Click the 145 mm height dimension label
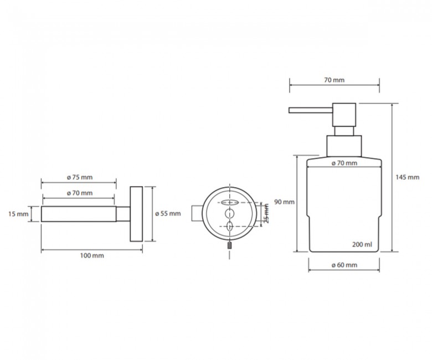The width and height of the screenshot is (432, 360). pyautogui.click(x=408, y=177)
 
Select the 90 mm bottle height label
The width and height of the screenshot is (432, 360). pyautogui.click(x=284, y=202)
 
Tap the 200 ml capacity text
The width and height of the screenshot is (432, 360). pyautogui.click(x=362, y=244)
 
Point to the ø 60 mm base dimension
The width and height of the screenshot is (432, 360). pyautogui.click(x=344, y=265)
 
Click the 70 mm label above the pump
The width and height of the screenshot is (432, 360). pyautogui.click(x=334, y=80)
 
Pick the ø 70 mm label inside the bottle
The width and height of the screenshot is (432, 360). pyautogui.click(x=344, y=163)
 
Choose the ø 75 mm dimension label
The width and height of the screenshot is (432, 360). pyautogui.click(x=80, y=177)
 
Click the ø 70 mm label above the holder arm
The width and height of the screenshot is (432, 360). pyautogui.click(x=80, y=193)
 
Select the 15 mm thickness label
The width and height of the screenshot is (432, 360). pyautogui.click(x=18, y=214)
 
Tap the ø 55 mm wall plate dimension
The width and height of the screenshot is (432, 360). pyautogui.click(x=168, y=213)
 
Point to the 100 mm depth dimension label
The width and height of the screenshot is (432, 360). pyautogui.click(x=92, y=256)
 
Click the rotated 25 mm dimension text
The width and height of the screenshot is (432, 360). pyautogui.click(x=266, y=213)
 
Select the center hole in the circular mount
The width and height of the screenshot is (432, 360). pyautogui.click(x=229, y=214)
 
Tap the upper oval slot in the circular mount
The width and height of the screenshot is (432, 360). pyautogui.click(x=229, y=203)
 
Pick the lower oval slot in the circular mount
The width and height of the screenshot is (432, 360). pyautogui.click(x=229, y=226)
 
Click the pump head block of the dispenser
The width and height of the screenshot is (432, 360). pyautogui.click(x=344, y=115)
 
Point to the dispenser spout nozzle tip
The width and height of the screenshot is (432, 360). pyautogui.click(x=289, y=110)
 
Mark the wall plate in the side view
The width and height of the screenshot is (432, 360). pyautogui.click(x=136, y=214)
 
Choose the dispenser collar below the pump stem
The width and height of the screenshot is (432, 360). pyautogui.click(x=344, y=146)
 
